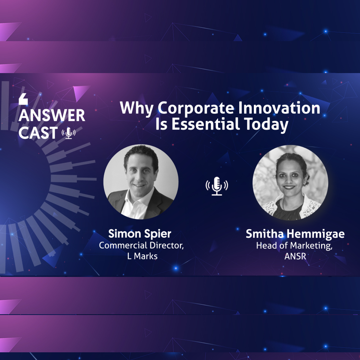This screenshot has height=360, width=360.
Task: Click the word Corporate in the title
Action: tap(196, 108)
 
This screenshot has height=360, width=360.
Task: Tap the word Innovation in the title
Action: tap(279, 108)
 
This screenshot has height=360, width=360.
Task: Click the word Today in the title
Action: tap(266, 125)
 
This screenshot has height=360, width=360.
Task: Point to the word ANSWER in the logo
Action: tap(52, 115)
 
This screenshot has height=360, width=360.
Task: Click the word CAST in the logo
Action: tap(38, 132)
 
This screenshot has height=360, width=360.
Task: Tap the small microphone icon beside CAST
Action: tap(68, 133)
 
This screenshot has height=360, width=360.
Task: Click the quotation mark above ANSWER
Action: tap(23, 99)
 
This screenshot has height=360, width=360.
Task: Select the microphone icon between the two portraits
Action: tap(217, 186)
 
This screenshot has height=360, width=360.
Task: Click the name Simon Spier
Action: tap(140, 234)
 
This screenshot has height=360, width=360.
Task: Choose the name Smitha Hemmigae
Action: tap(295, 234)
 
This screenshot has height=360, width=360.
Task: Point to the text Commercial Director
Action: tap(141, 245)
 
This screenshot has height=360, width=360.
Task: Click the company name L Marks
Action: tap(142, 256)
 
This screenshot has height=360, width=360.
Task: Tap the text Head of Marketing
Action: tap(294, 246)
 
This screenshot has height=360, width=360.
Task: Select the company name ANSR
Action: tap(295, 256)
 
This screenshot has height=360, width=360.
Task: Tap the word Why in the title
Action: tap(137, 108)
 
